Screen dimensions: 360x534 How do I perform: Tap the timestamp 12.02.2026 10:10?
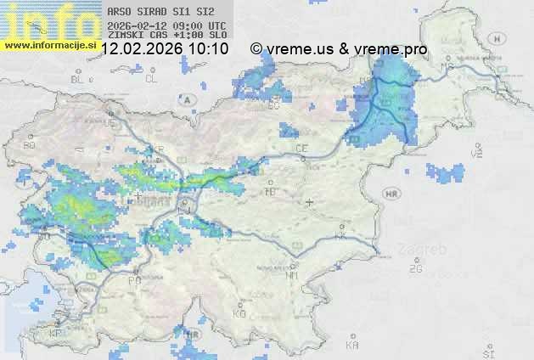[x=165, y=49]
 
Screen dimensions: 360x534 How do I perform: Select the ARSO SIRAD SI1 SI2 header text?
[x=155, y=13]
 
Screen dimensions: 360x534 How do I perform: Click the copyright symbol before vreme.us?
[x=256, y=49]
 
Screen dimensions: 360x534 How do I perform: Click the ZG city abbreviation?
[x=416, y=269]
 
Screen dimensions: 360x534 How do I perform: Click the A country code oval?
[x=187, y=99]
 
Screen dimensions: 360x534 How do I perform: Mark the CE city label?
[x=301, y=149]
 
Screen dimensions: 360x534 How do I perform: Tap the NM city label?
[x=292, y=276]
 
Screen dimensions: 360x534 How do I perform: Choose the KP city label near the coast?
[x=56, y=334]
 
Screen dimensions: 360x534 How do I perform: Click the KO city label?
[x=239, y=314]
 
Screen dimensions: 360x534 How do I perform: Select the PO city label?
[x=134, y=280]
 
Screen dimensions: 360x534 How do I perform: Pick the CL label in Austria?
[x=152, y=79]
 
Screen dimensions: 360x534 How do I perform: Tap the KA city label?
[x=351, y=345]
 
